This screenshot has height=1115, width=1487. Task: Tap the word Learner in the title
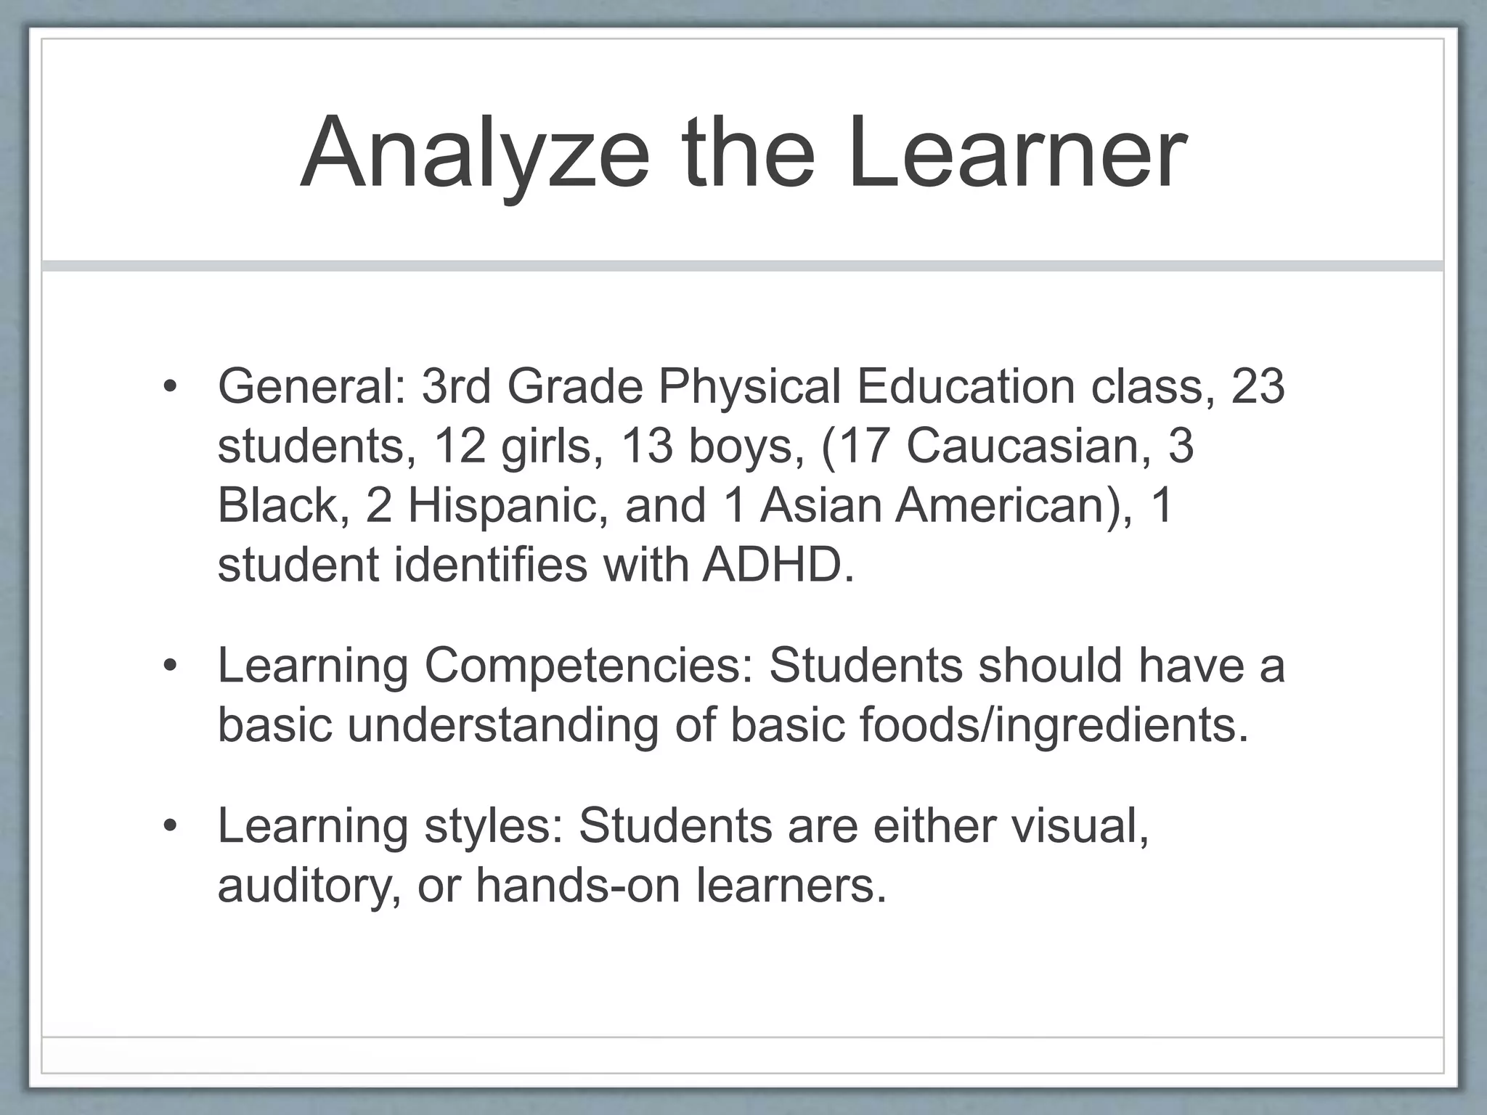[x=1016, y=154]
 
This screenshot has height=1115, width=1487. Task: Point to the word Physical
[x=749, y=386]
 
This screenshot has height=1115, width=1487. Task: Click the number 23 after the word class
[x=1258, y=386]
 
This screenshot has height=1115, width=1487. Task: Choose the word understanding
[x=502, y=724]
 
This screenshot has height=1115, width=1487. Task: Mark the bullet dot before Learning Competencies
[x=170, y=665]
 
